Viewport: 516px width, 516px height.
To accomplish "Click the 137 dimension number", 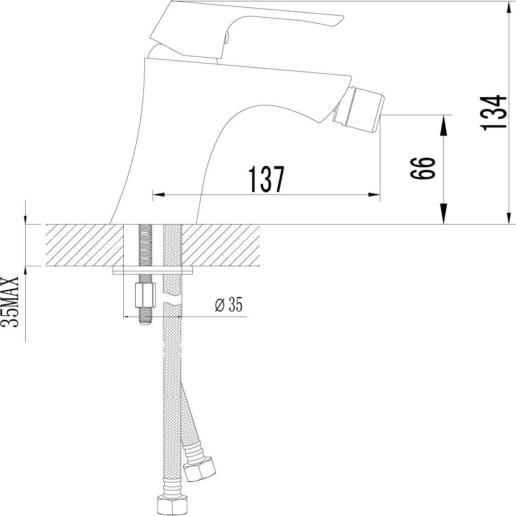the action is (266, 179).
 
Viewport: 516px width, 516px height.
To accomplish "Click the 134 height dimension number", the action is (493, 113).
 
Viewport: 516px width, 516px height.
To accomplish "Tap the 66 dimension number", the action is (423, 168).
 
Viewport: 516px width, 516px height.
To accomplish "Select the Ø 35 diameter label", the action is (228, 304).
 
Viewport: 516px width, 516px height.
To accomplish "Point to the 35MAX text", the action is (10, 302).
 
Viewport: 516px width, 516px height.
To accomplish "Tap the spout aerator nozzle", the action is (359, 109).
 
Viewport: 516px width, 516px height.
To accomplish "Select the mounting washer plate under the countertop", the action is (153, 270).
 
